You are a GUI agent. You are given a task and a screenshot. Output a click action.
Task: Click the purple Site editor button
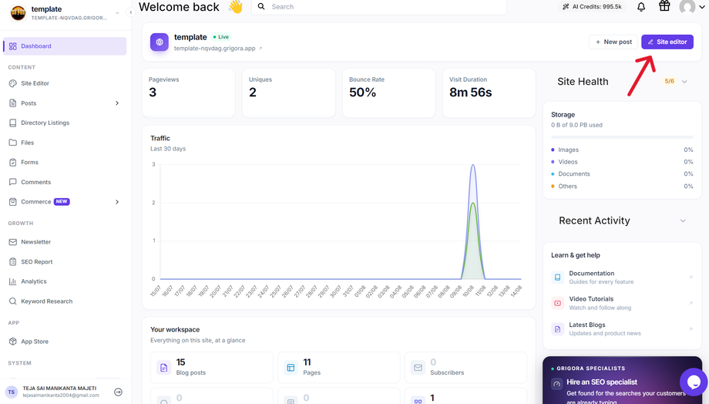(x=667, y=42)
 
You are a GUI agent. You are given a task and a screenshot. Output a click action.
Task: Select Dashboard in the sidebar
(x=65, y=46)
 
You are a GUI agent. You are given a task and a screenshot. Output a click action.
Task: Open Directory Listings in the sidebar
(x=45, y=123)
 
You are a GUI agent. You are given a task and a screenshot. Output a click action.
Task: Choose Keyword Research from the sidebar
(x=46, y=301)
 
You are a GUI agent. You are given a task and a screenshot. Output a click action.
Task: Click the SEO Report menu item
(x=37, y=261)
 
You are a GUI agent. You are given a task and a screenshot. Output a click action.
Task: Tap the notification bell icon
(x=641, y=7)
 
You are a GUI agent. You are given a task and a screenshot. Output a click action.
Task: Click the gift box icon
(x=664, y=6)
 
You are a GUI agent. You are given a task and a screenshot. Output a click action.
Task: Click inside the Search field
(x=379, y=7)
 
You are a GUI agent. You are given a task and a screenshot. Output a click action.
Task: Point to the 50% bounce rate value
(x=363, y=93)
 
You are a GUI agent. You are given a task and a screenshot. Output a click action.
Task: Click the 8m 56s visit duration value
(x=470, y=93)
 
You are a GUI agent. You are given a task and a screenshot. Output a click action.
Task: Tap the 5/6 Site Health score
(x=669, y=82)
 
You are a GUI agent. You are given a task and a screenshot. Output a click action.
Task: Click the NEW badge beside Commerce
(x=62, y=202)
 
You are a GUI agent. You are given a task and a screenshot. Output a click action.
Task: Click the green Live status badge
(x=221, y=37)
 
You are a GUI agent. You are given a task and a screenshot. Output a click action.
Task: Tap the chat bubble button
(x=694, y=382)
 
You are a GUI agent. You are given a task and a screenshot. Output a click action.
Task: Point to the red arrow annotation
(x=641, y=76)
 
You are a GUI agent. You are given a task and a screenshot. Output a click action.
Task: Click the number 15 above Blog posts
(x=181, y=362)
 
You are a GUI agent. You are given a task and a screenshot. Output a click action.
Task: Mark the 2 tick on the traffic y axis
(x=153, y=203)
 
